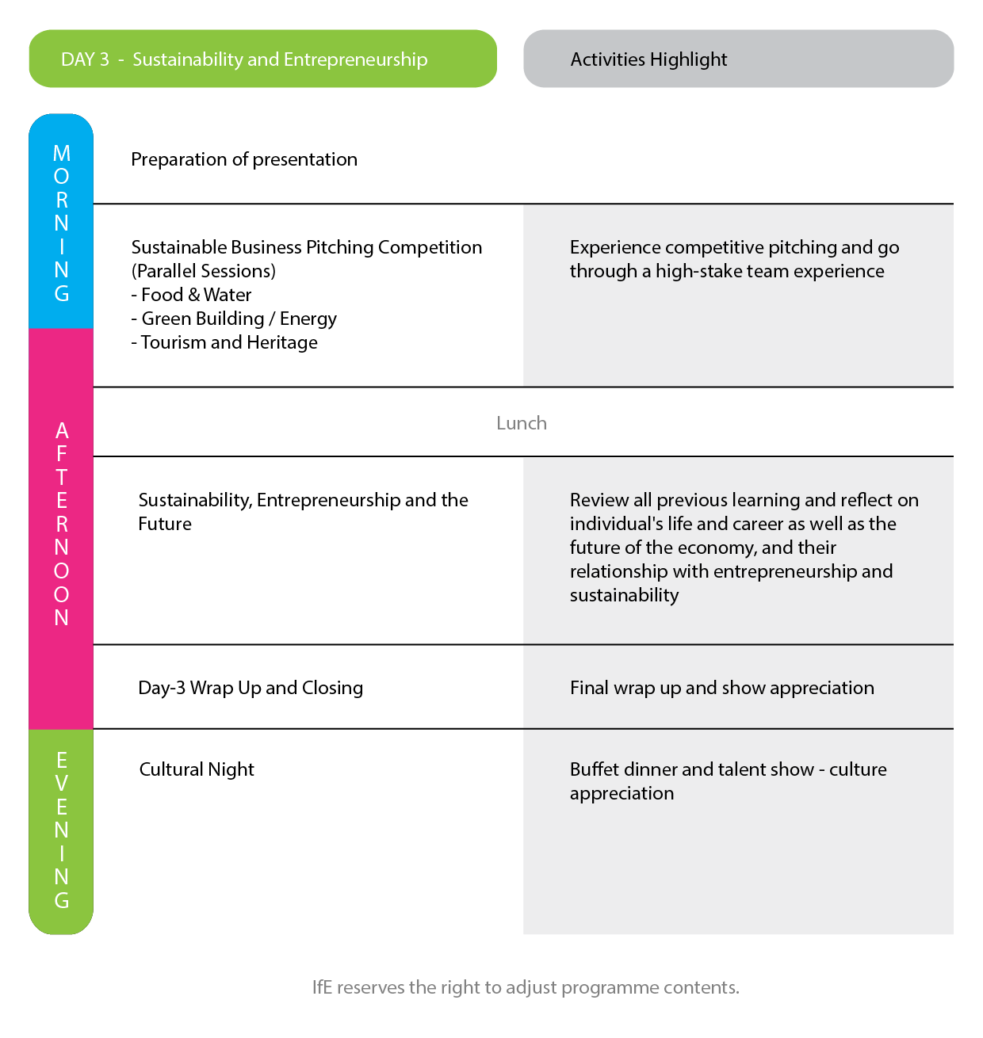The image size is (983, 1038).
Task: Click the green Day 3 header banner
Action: click(262, 59)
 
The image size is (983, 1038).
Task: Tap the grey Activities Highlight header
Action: click(738, 59)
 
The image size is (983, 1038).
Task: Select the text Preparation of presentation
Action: click(244, 159)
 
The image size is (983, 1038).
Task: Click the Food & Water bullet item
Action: click(191, 295)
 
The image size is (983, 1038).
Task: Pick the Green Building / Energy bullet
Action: click(234, 319)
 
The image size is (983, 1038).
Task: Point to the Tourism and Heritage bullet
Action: click(224, 342)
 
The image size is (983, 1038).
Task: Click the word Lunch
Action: click(522, 423)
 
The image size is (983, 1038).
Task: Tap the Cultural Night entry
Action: click(197, 770)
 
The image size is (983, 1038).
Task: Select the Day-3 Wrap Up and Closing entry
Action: click(251, 688)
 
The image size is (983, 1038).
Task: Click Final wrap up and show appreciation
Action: click(722, 688)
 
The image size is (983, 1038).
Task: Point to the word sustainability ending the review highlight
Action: click(625, 595)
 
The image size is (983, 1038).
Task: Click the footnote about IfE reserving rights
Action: click(526, 987)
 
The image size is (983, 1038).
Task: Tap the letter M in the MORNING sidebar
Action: click(62, 153)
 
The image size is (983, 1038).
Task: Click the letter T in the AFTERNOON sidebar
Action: click(62, 477)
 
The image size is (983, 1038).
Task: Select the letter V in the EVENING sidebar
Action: click(62, 784)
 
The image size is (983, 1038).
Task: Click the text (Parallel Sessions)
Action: click(204, 271)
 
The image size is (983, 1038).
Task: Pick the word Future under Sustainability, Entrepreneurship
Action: click(165, 524)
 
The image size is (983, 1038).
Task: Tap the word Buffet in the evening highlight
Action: click(595, 769)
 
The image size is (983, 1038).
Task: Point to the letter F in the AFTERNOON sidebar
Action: click(62, 453)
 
